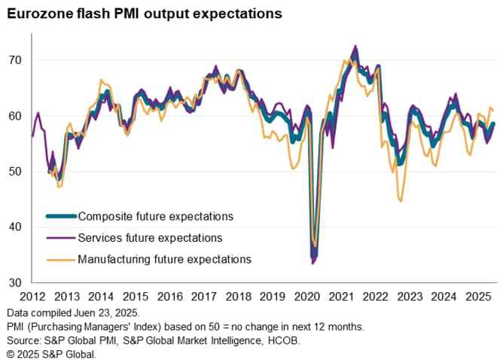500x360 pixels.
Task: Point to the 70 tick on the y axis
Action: coord(14,60)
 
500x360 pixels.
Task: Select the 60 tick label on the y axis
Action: coord(14,116)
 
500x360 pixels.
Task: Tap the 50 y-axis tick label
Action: coord(14,172)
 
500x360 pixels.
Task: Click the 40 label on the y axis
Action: coord(14,227)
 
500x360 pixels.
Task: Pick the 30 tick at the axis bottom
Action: coord(14,283)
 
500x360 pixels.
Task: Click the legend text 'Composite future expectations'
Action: coord(155,216)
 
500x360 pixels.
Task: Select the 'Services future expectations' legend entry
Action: coord(150,238)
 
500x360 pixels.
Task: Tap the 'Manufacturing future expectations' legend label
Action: coord(164,259)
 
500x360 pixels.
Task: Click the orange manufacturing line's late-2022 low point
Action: coord(401,201)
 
